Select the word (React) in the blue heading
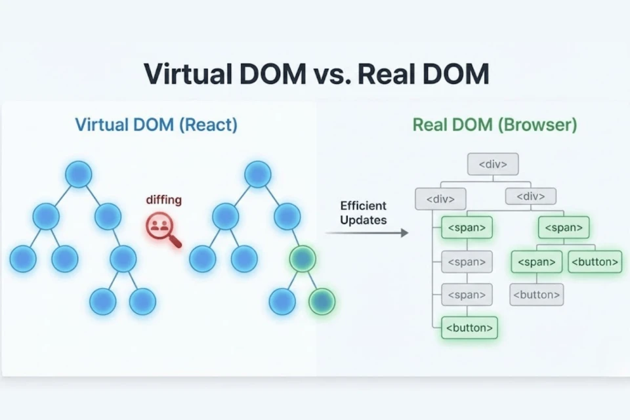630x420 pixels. click(207, 125)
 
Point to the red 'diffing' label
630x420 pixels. click(163, 200)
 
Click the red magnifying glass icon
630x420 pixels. click(161, 229)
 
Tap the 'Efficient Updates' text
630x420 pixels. click(363, 213)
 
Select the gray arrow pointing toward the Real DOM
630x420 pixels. click(367, 233)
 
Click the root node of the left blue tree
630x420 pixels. click(79, 174)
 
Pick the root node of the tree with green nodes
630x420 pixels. click(258, 174)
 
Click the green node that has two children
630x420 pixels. click(303, 259)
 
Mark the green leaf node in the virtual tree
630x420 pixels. click(322, 301)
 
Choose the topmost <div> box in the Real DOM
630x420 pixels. click(493, 164)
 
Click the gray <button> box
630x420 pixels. click(536, 295)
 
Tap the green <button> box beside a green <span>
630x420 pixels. click(595, 262)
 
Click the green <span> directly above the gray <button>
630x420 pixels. click(536, 262)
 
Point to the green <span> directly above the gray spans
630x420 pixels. click(467, 228)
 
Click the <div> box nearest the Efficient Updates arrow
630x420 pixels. click(440, 198)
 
